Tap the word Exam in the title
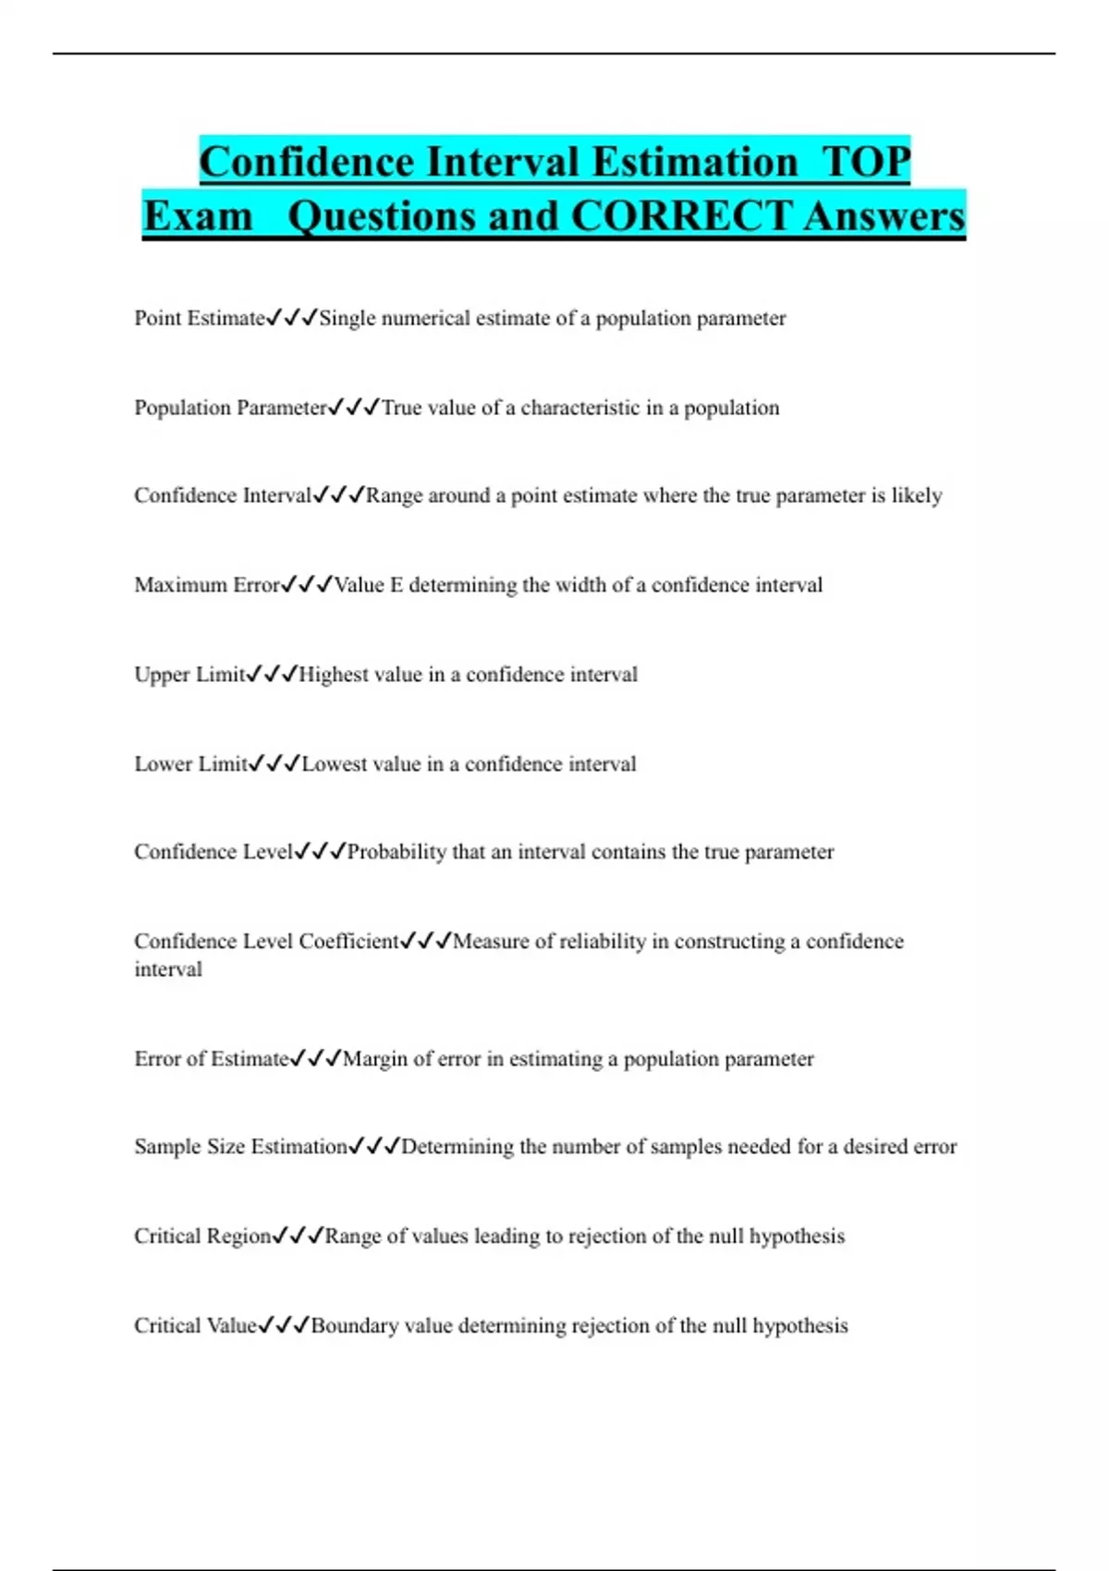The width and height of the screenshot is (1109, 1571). pos(198,216)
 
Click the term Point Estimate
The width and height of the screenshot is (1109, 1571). pos(200,319)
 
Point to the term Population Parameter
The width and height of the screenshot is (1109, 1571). pos(231,408)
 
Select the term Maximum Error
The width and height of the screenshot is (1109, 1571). pos(207,585)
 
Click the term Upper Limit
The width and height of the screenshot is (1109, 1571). pos(190,675)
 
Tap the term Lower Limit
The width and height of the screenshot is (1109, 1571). pos(191,764)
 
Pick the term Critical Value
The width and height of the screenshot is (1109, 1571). pos(195,1326)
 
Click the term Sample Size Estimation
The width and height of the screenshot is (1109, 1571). pos(240,1147)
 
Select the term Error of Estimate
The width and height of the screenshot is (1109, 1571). pos(212,1059)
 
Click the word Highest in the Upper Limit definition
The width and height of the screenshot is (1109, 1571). pos(334,675)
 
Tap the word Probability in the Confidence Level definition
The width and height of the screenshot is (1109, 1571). pos(396,852)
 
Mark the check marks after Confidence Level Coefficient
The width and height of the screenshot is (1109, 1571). pos(426,942)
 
